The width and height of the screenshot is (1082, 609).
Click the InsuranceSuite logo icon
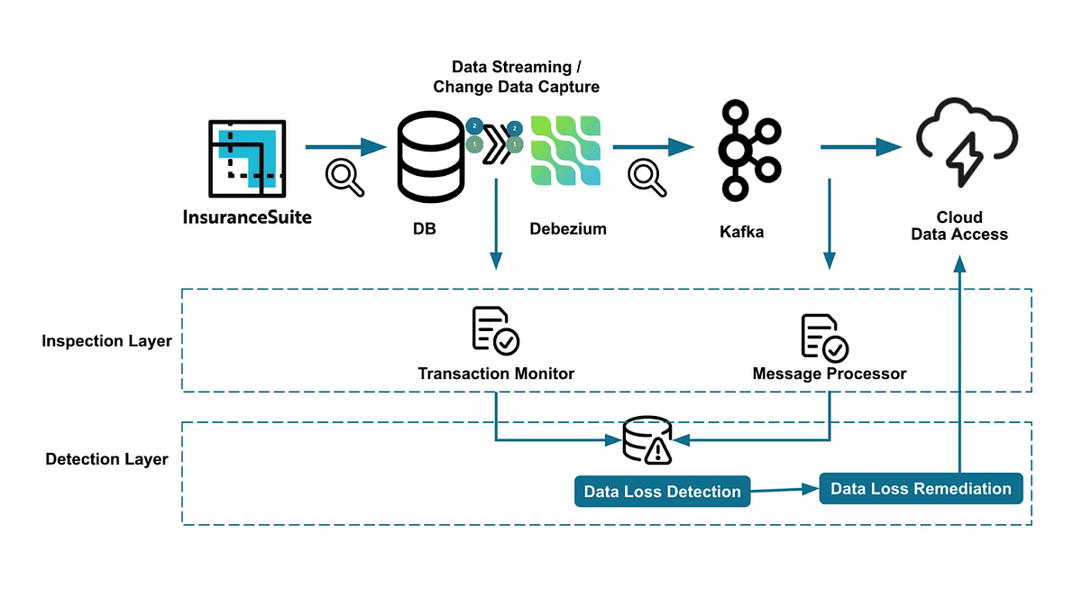[247, 159]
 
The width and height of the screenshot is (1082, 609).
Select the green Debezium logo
[565, 151]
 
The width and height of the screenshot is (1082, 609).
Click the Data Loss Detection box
[662, 492]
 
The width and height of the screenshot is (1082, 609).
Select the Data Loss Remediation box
[921, 488]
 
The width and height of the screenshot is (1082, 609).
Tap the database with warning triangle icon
[647, 440]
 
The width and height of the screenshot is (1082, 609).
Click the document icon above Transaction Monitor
[495, 331]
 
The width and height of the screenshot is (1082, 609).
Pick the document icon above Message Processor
[824, 337]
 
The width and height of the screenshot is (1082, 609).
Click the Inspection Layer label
[106, 341]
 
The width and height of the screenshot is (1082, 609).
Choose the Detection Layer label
[106, 459]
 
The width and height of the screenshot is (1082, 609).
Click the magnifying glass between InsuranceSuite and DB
[344, 178]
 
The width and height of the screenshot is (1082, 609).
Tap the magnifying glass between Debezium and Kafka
[647, 177]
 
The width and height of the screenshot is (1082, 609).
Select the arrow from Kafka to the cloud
[861, 147]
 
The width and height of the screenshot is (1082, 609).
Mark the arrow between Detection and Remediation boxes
[784, 490]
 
